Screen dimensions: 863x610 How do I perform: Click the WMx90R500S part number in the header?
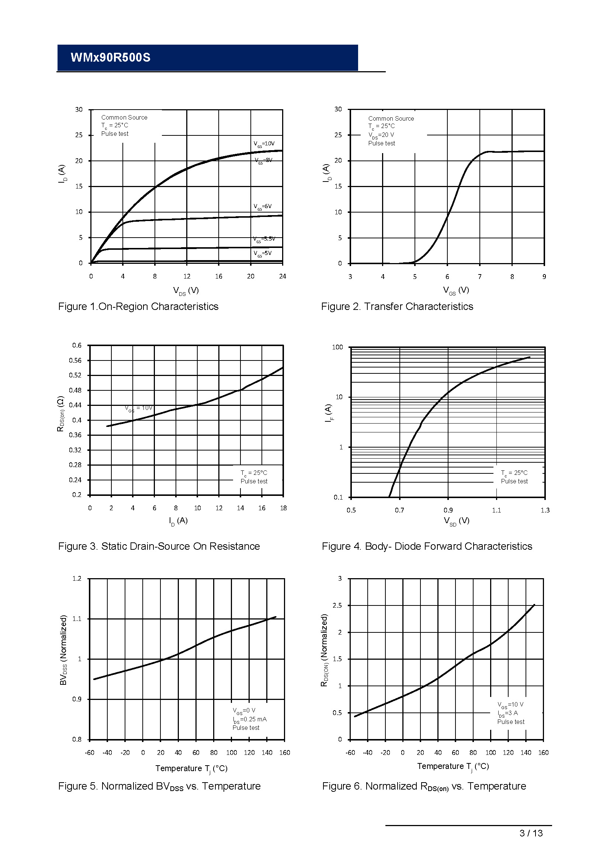coord(110,58)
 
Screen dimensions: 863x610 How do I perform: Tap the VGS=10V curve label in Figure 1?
coord(264,144)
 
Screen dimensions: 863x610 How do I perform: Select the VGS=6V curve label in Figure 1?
coord(262,207)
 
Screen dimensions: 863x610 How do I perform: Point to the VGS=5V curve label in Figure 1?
coord(262,253)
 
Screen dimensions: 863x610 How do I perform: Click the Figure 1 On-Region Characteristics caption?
coord(138,307)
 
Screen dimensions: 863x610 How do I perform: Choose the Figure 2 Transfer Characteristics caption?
coord(397,307)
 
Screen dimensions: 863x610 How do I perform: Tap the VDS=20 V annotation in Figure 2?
coord(381,135)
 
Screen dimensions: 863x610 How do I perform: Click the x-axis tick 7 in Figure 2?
coord(480,277)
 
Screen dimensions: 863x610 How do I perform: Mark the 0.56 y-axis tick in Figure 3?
coord(75,360)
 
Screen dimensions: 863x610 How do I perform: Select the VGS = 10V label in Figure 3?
coord(139,408)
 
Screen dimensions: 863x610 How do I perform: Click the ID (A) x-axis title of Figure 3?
coord(178,521)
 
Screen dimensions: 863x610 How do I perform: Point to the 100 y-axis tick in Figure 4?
coord(337,347)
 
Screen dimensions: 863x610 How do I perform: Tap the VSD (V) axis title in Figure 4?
coord(456,521)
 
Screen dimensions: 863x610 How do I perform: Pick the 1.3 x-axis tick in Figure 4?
coord(545,510)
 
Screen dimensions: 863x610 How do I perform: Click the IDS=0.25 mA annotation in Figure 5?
coord(249,719)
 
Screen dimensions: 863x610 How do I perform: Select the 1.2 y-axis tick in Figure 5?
coord(77,579)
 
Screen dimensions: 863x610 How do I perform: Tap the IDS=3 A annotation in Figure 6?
coord(507,713)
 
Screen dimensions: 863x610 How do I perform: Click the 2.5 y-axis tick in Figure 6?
coord(337,605)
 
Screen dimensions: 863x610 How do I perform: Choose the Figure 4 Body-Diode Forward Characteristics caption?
coord(427,546)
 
